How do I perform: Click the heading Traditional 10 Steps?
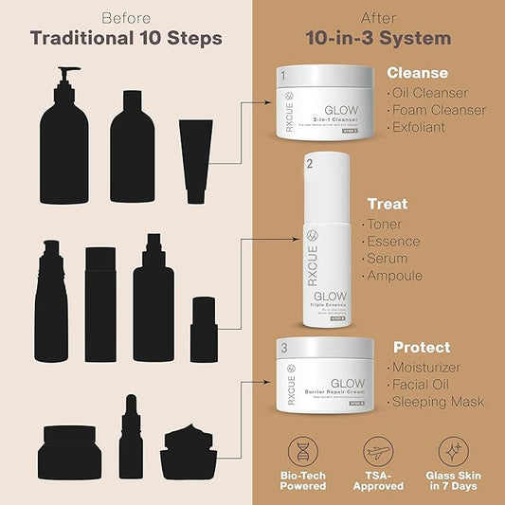(x=126, y=38)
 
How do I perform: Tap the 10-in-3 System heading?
(x=378, y=38)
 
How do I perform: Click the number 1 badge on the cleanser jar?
(x=281, y=75)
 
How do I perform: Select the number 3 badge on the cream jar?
(x=282, y=350)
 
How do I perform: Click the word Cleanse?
(x=417, y=73)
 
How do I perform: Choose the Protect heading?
(x=421, y=347)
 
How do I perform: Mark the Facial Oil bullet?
(x=426, y=384)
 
